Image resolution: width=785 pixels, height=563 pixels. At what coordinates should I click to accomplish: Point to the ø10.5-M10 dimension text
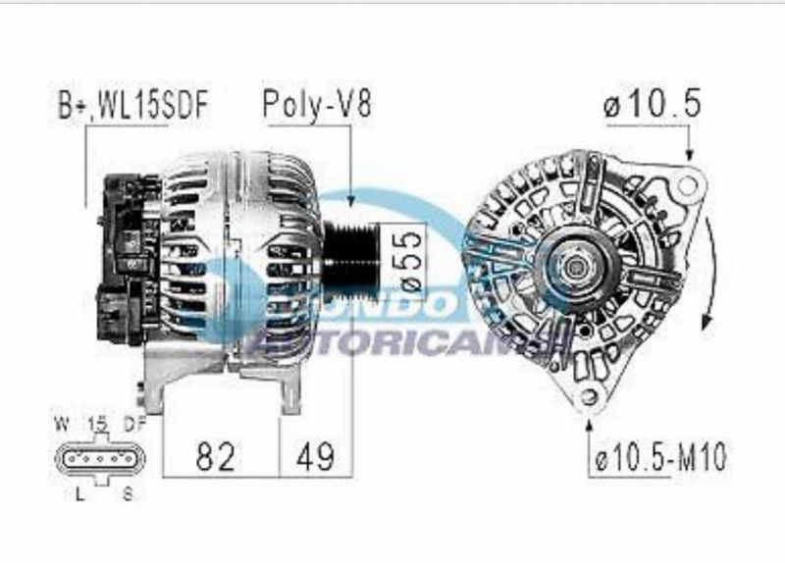(660, 458)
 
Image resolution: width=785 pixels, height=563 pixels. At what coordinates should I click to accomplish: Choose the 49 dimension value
(315, 456)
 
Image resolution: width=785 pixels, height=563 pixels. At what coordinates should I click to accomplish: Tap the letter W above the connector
(61, 425)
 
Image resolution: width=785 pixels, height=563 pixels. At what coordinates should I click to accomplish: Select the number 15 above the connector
(96, 425)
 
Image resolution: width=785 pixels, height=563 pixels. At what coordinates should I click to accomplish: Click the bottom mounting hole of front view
(589, 396)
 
